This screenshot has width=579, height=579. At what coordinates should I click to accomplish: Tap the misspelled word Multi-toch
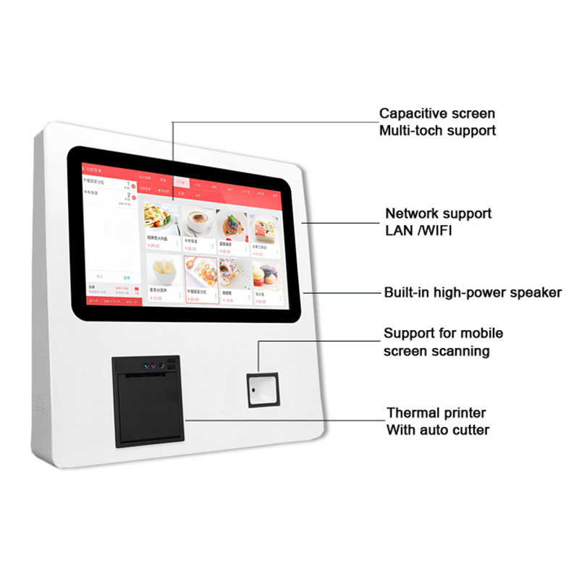click(415, 131)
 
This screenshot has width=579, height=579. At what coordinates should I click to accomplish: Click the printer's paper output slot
click(148, 377)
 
